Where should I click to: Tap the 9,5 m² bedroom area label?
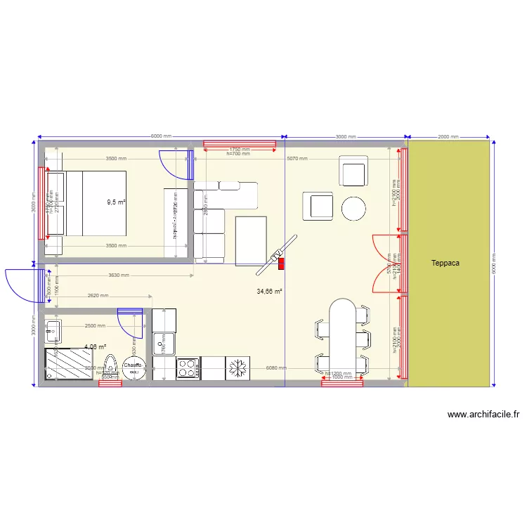pyautogui.click(x=116, y=202)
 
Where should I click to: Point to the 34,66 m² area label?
pyautogui.click(x=269, y=291)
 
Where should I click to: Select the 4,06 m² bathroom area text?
pyautogui.click(x=95, y=346)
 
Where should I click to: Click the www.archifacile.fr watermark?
pyautogui.click(x=483, y=415)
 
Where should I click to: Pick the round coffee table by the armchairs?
pyautogui.click(x=353, y=208)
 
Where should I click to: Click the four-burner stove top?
pyautogui.click(x=188, y=368)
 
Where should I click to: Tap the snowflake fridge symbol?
pyautogui.click(x=237, y=367)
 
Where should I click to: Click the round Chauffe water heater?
pyautogui.click(x=134, y=366)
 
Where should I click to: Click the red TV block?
pyautogui.click(x=282, y=264)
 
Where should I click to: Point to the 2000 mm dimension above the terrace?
pyautogui.click(x=448, y=137)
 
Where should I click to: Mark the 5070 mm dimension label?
pyautogui.click(x=297, y=159)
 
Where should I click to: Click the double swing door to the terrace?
pyautogui.click(x=383, y=263)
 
